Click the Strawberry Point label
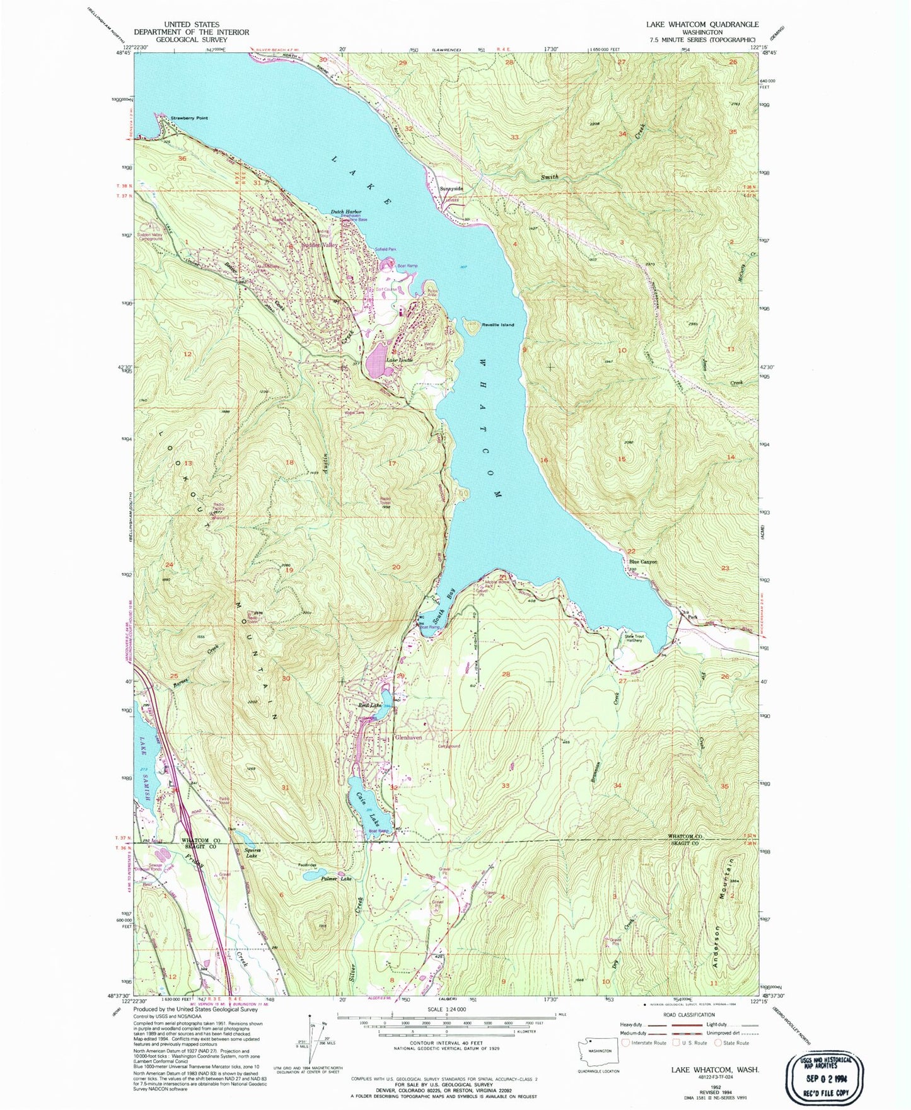point(189,119)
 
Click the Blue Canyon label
point(642,562)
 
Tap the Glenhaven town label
point(408,737)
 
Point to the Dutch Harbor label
point(344,212)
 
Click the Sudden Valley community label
point(320,245)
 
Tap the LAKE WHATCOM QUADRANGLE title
point(702,24)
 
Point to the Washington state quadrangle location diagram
point(598,1052)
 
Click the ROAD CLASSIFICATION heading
point(688,1015)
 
